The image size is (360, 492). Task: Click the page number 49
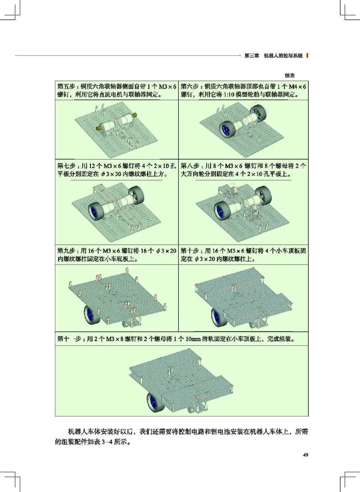(306, 455)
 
